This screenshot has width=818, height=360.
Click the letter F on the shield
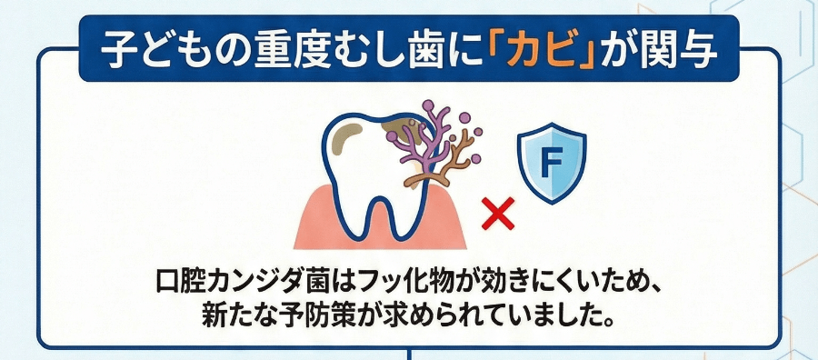tap(551, 165)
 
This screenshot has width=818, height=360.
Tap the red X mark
tap(497, 215)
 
